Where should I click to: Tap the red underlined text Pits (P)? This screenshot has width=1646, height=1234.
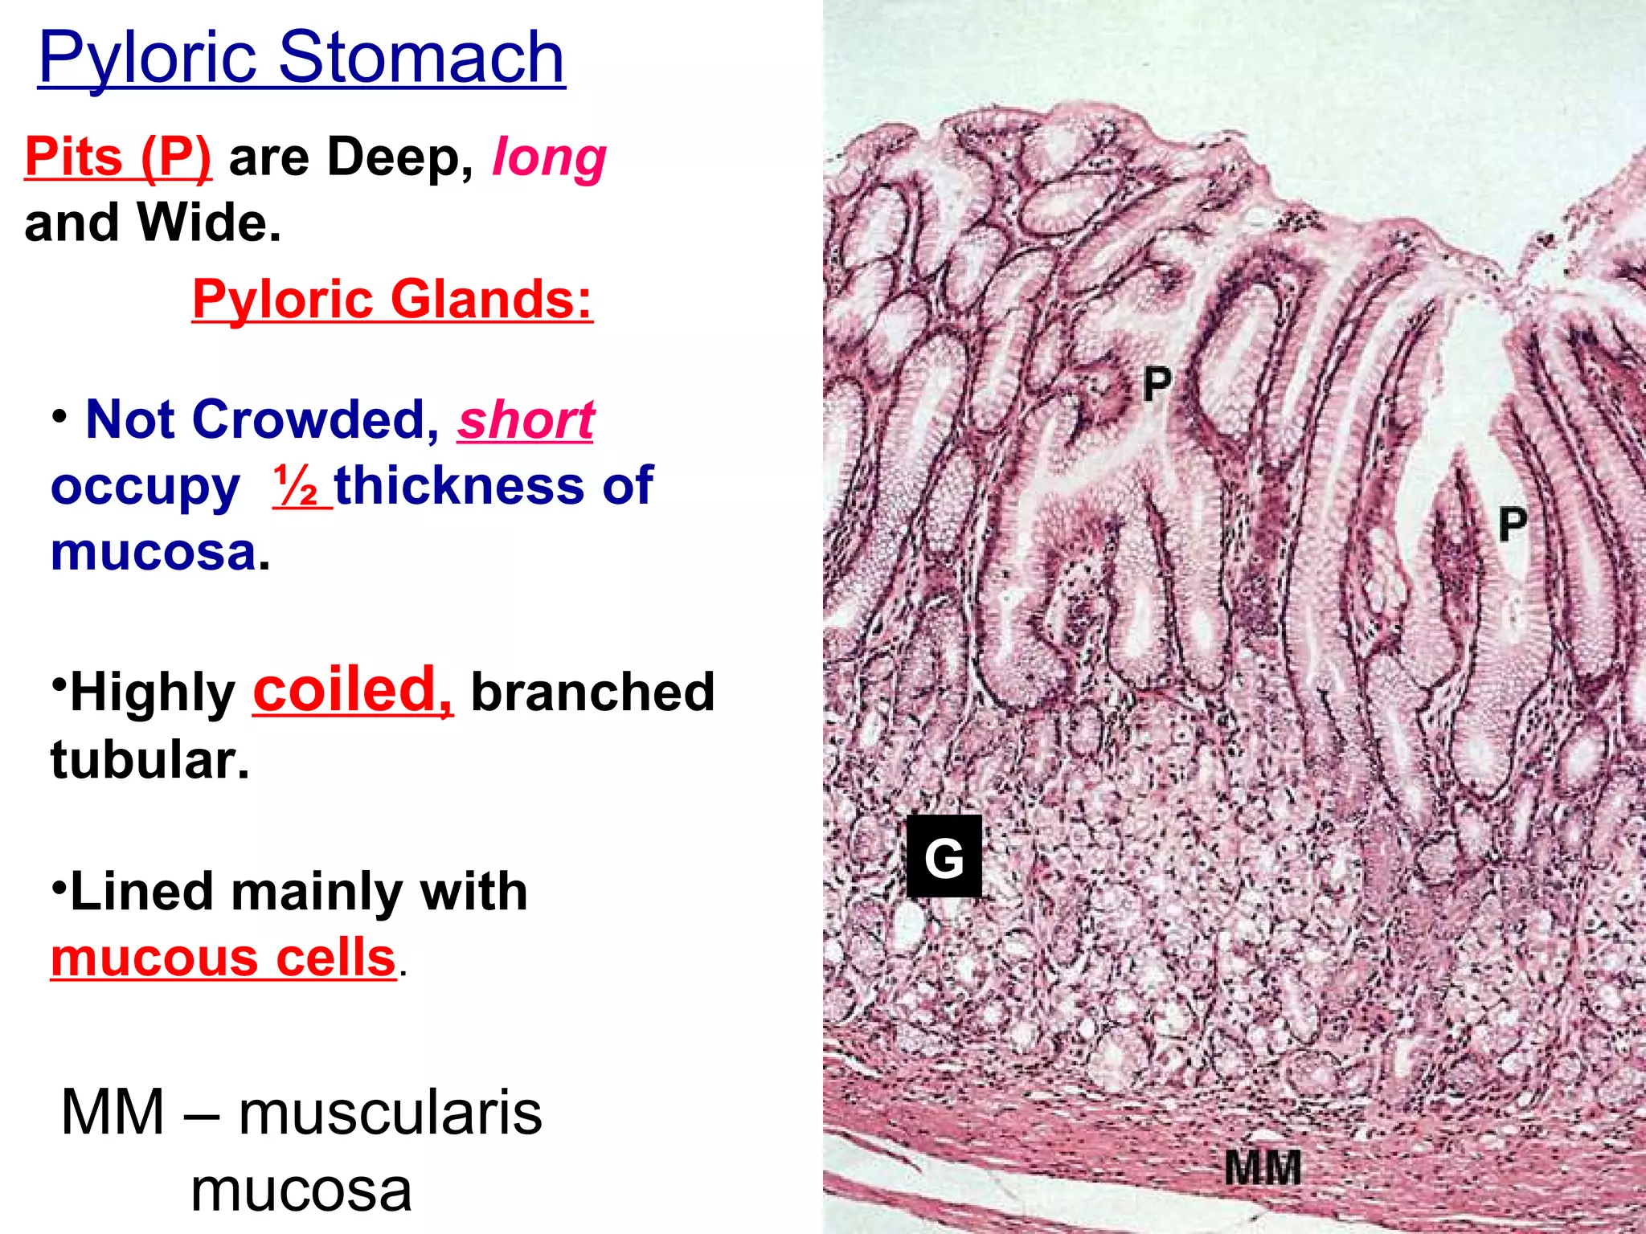118,156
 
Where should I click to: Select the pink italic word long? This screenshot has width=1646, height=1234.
549,157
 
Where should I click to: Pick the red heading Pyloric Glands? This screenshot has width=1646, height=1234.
392,299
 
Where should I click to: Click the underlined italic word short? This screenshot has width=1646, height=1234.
526,420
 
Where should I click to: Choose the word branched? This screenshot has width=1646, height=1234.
592,692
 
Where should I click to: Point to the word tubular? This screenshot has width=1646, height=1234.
150,759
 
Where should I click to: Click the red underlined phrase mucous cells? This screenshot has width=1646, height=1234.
223,958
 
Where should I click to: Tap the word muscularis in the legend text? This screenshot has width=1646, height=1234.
391,1113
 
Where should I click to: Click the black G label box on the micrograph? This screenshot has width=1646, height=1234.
944,856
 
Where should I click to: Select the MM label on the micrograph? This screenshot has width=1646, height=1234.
1263,1167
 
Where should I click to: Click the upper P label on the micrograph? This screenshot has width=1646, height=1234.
1157,385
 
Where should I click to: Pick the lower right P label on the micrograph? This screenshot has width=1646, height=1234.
1513,525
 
